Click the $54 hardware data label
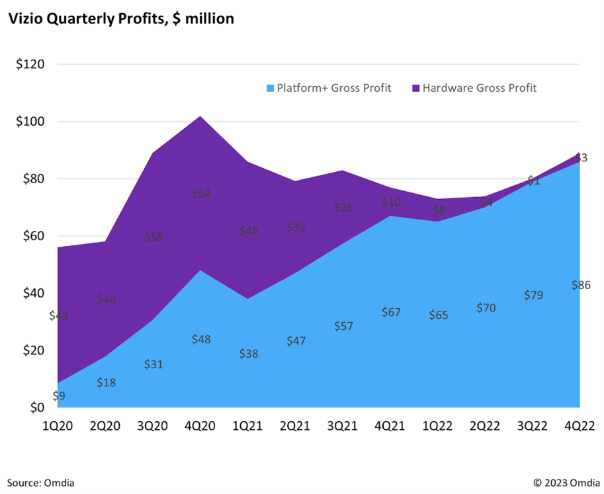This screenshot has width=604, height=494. pos(200,194)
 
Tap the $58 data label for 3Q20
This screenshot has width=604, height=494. pos(153,237)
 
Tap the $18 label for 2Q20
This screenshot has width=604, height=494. pos(107,382)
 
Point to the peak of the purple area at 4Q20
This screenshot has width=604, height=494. pos(200,116)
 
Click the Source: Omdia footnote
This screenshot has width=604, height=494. pos(41,482)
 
